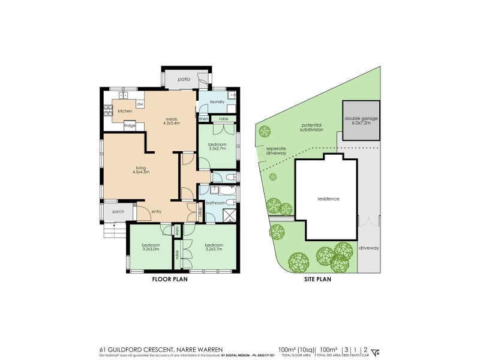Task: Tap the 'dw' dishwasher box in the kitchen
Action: pyautogui.click(x=140, y=104)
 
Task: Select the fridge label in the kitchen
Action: pyautogui.click(x=129, y=125)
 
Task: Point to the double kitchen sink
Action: pyautogui.click(x=124, y=95)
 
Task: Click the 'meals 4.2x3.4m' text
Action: pyautogui.click(x=172, y=121)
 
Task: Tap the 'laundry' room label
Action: pyautogui.click(x=217, y=102)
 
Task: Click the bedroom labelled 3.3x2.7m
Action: pyautogui.click(x=217, y=147)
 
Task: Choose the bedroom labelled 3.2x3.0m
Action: pyautogui.click(x=151, y=247)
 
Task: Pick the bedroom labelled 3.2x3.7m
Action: pyautogui.click(x=214, y=247)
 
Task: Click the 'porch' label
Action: pyautogui.click(x=118, y=211)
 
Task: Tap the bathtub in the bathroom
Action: pyautogui.click(x=217, y=192)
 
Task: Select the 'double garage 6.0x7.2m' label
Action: pyautogui.click(x=361, y=121)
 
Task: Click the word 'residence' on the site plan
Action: pyautogui.click(x=328, y=199)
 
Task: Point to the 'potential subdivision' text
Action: pyautogui.click(x=312, y=127)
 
